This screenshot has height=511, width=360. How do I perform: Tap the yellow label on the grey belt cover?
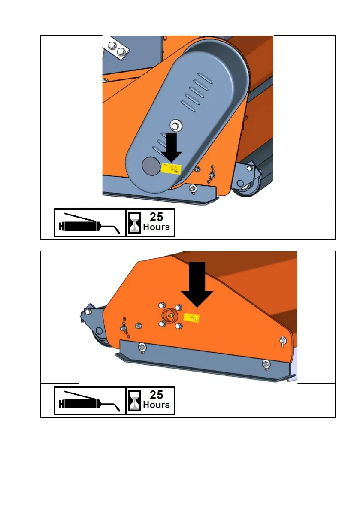click(171, 169)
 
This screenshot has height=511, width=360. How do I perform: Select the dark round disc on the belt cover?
click(151, 166)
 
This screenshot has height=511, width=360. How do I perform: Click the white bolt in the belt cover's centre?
click(176, 124)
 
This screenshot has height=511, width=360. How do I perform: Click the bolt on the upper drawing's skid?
click(194, 188)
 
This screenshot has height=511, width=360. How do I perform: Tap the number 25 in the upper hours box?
click(156, 217)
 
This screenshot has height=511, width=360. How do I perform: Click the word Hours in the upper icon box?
click(156, 227)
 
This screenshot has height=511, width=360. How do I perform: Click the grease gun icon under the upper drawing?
click(89, 224)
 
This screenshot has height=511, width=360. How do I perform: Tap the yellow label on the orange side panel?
click(191, 318)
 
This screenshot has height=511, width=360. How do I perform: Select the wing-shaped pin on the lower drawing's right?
click(283, 341)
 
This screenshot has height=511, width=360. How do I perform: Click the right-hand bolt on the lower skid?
click(266, 364)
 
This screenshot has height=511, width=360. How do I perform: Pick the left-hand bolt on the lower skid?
click(142, 348)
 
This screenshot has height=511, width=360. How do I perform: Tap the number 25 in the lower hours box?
click(156, 395)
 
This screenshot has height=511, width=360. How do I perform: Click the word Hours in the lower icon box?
click(156, 405)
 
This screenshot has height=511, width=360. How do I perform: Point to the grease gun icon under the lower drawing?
click(89, 402)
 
